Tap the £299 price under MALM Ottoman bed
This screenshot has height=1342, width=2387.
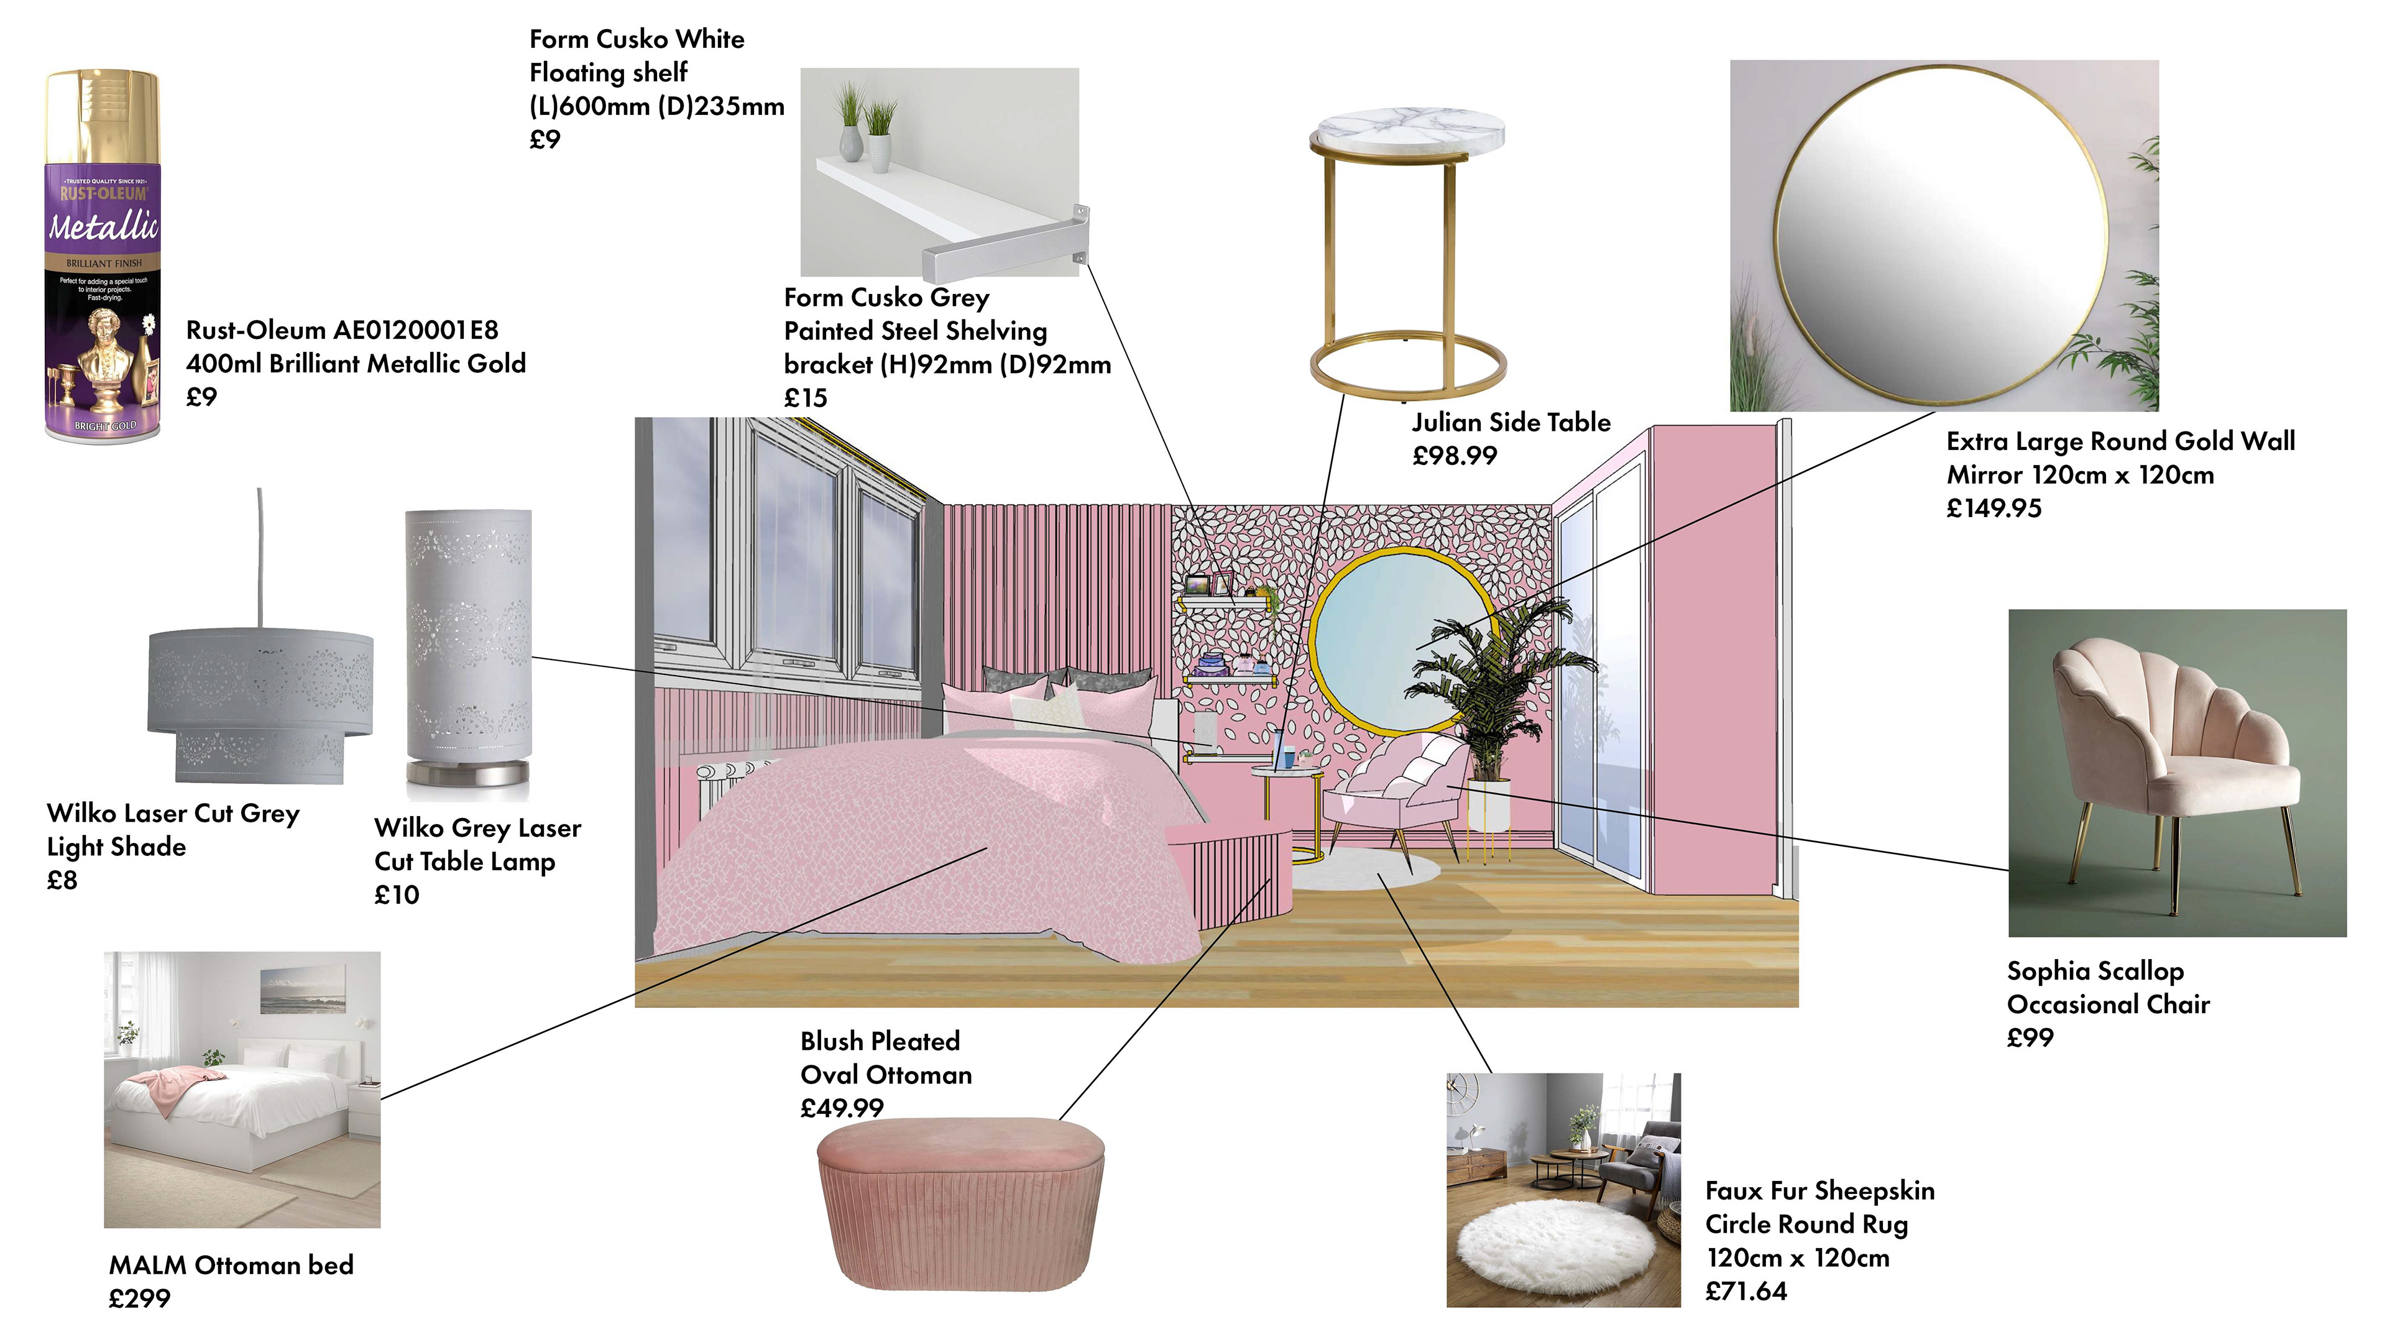(x=140, y=1298)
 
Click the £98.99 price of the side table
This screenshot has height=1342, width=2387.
(x=1454, y=456)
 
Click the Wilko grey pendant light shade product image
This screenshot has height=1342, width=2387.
(x=260, y=704)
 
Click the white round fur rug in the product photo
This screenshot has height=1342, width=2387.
(x=1556, y=1243)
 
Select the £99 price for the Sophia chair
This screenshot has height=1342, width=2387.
(x=2030, y=1038)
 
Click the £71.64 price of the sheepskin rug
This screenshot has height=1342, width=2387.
(x=1745, y=1291)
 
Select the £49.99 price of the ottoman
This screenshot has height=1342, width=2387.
(x=842, y=1108)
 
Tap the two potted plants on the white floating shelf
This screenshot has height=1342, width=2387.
(x=865, y=131)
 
